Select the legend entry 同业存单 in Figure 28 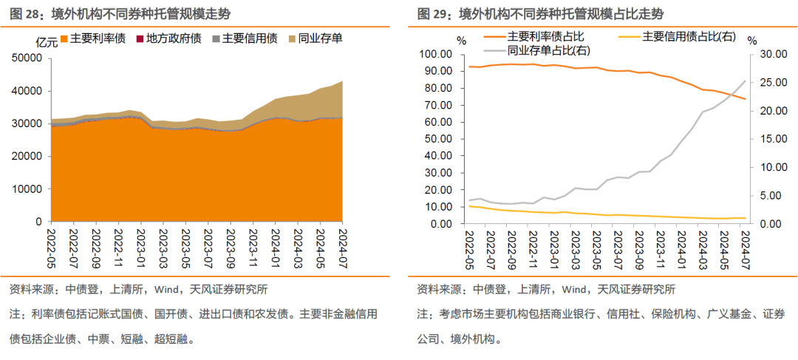click(320, 38)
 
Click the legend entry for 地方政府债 click(174, 38)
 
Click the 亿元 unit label click(46, 42)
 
